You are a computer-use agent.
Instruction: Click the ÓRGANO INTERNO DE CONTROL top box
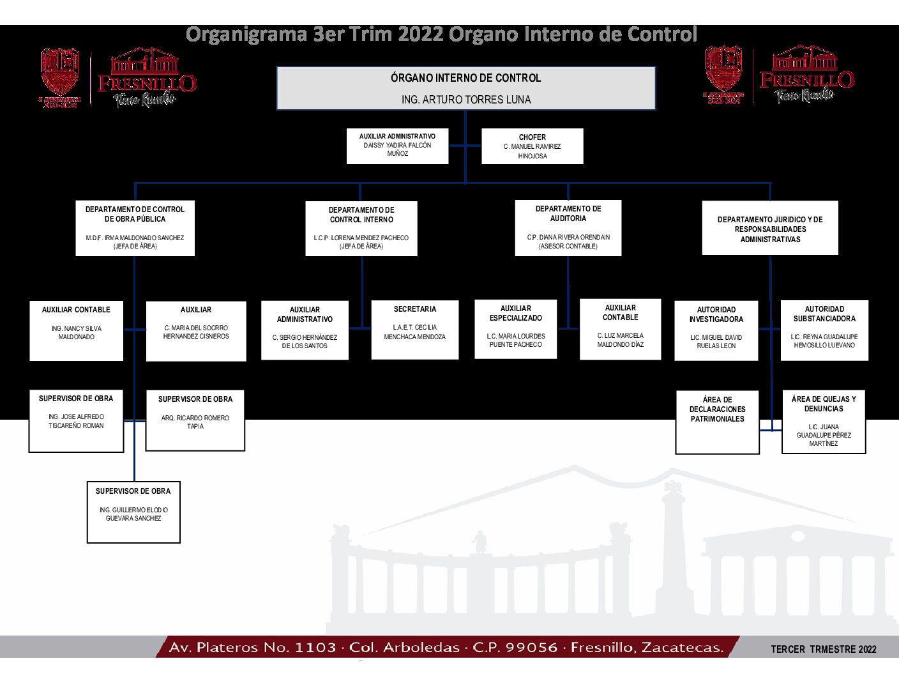(465, 88)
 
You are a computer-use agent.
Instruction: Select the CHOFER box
(532, 146)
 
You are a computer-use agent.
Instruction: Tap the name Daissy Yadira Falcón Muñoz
(397, 149)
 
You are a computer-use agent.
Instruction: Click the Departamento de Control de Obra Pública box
(135, 228)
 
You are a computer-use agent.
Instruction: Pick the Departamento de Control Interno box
(361, 229)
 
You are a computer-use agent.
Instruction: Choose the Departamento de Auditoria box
(568, 228)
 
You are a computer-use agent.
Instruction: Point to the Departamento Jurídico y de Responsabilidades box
(770, 228)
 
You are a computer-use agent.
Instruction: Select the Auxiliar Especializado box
(515, 329)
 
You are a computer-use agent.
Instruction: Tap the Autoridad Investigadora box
(716, 330)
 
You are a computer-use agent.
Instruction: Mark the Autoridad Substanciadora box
(824, 330)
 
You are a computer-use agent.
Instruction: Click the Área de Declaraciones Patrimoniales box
(717, 422)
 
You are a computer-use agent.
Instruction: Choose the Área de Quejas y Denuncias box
(824, 422)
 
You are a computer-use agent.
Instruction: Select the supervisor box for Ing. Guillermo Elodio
(133, 512)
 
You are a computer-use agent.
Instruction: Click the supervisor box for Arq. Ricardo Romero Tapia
(195, 420)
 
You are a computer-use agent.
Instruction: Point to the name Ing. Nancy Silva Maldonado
(77, 333)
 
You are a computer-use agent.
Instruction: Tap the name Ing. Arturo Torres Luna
(466, 100)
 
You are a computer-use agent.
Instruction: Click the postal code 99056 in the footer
(531, 648)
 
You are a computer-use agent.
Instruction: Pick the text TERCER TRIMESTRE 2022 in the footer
(823, 650)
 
